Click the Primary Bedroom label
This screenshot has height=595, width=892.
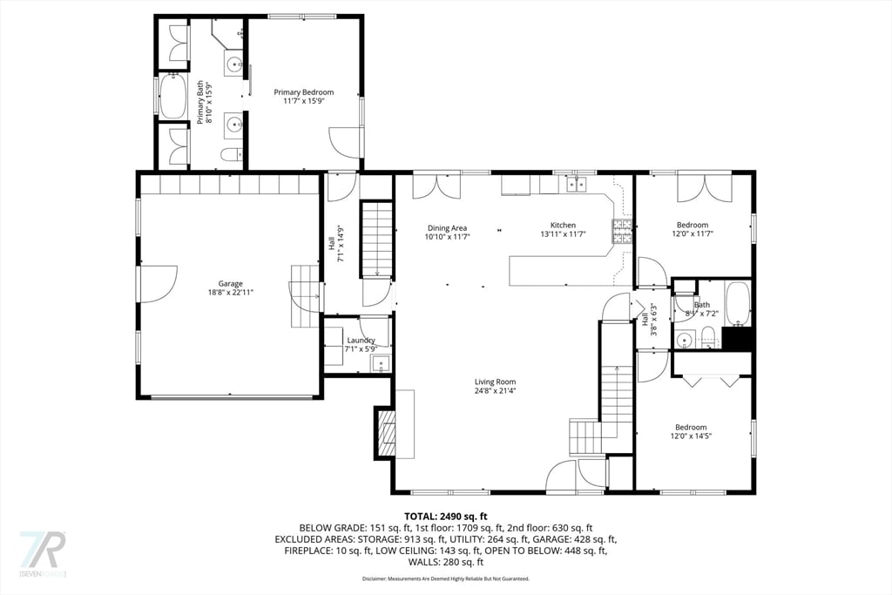click(x=303, y=92)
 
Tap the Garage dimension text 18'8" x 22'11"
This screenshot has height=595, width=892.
click(x=231, y=294)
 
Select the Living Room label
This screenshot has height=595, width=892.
click(x=495, y=382)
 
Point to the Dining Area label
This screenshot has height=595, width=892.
click(x=447, y=228)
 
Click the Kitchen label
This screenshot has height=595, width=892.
click(x=563, y=226)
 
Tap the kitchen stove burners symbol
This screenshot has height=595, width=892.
click(x=622, y=230)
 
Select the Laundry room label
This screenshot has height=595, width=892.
click(x=361, y=340)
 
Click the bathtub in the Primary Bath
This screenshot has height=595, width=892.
click(x=172, y=97)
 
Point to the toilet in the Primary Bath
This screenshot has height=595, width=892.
click(x=231, y=155)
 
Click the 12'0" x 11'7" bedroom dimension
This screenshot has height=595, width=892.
click(x=693, y=234)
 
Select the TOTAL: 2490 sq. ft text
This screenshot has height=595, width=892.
click(x=446, y=516)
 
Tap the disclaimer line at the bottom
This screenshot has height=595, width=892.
click(x=446, y=578)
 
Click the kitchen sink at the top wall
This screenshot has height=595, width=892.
click(x=574, y=185)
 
